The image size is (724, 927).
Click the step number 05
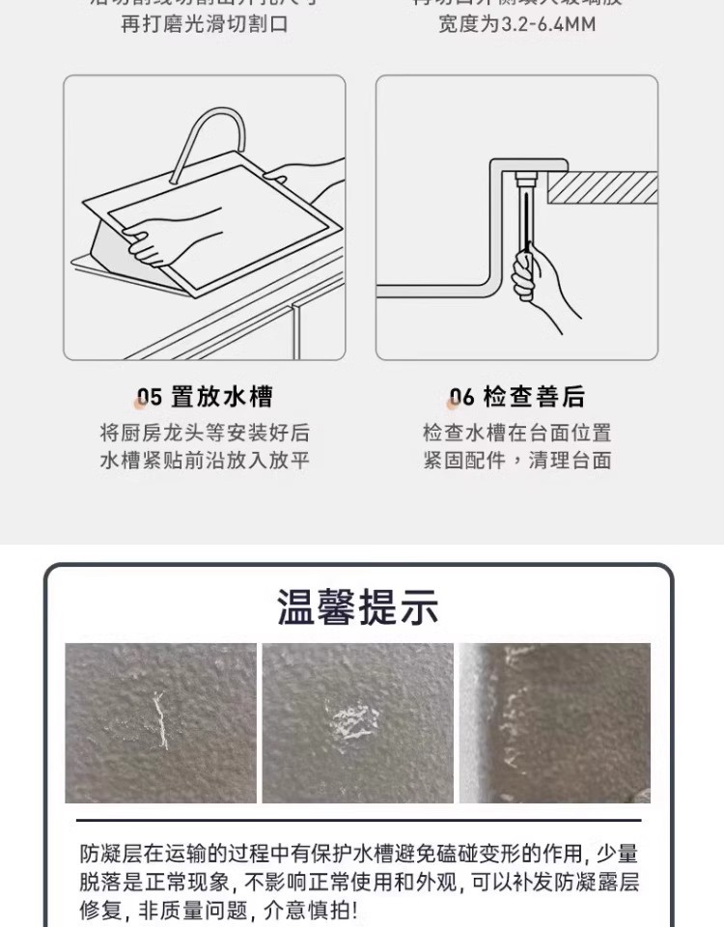tap(149, 398)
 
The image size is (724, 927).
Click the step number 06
tap(462, 398)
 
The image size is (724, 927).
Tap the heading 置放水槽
tap(222, 397)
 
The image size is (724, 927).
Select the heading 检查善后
tap(534, 397)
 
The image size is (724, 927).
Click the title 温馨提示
tap(358, 608)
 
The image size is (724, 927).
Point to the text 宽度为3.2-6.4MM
tap(516, 24)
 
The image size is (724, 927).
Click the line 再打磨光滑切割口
tap(205, 24)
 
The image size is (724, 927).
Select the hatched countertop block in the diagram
tap(603, 187)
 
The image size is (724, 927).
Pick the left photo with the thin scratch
tap(160, 723)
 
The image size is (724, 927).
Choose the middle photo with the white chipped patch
tap(357, 723)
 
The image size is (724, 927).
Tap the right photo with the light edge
tap(554, 723)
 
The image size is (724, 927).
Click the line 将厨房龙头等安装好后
tap(205, 432)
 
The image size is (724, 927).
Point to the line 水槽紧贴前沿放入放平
tap(205, 461)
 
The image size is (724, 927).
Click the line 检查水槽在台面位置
tap(516, 432)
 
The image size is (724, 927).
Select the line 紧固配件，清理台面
tap(516, 461)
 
